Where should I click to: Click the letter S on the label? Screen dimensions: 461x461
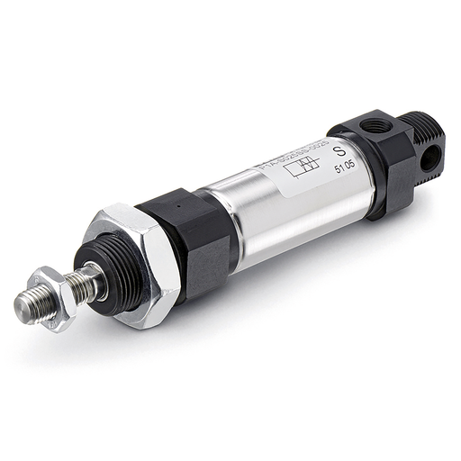click(x=339, y=154)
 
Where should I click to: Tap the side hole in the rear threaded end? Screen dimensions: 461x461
click(x=431, y=157)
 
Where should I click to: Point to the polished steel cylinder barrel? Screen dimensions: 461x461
click(x=270, y=212)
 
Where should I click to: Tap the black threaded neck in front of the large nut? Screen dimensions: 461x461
click(x=113, y=270)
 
